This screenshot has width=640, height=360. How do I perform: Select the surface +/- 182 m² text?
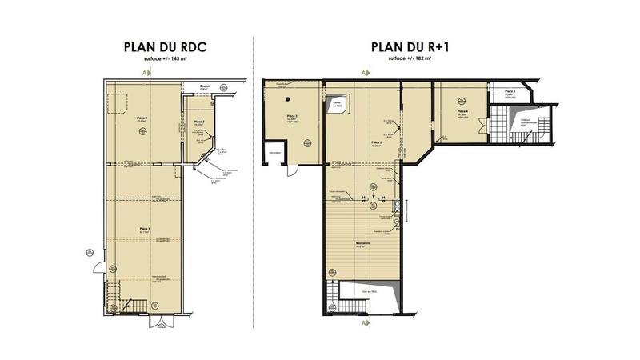(409, 58)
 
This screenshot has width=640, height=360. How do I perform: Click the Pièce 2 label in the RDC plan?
(144, 116)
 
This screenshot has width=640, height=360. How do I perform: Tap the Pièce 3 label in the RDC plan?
(199, 122)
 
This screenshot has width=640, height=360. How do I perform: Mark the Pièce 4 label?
(462, 111)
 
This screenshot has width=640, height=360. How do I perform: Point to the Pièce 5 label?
(510, 92)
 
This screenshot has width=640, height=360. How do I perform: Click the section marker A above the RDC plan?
(144, 73)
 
